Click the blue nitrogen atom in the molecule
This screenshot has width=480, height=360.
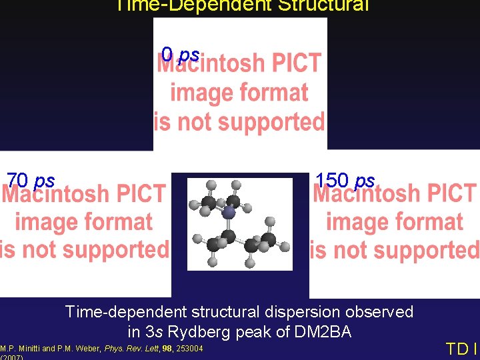(x=229, y=213)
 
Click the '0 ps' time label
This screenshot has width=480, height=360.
(x=180, y=53)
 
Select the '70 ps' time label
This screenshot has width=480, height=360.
(x=31, y=181)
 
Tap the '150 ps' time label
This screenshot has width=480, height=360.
(x=345, y=181)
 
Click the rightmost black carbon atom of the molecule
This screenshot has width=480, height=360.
(x=269, y=239)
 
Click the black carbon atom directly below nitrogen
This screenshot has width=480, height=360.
(x=229, y=235)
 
